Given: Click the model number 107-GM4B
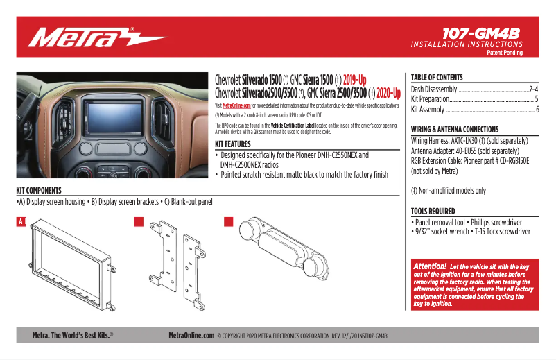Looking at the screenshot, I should (x=483, y=32).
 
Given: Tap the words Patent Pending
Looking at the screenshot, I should (x=504, y=53).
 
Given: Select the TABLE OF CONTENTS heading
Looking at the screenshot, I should (x=436, y=78).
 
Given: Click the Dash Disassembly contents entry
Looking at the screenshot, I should (x=434, y=89).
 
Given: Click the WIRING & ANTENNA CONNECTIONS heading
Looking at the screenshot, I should (x=454, y=130).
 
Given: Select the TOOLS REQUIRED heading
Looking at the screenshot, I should (x=433, y=211).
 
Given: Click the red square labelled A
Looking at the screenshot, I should (x=21, y=222).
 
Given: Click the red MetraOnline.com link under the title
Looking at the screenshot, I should (x=236, y=105).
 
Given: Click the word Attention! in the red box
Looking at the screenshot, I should (x=429, y=266).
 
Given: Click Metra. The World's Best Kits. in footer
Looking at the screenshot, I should (x=72, y=335).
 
